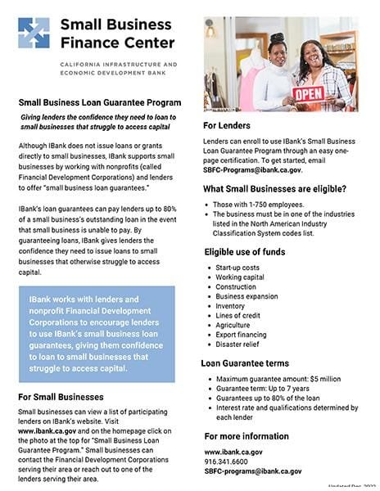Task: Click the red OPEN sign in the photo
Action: click(310, 92)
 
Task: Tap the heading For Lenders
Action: click(227, 125)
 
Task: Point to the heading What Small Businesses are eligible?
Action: click(274, 189)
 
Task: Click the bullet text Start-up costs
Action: click(237, 268)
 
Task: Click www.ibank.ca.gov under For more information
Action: click(233, 452)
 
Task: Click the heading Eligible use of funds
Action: click(246, 251)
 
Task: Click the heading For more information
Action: click(247, 436)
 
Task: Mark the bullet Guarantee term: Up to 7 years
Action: click(263, 389)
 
